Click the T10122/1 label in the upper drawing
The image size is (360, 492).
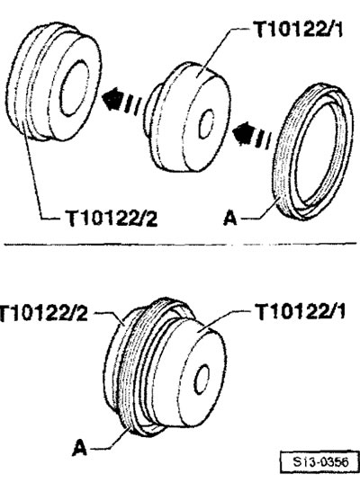click(298, 30)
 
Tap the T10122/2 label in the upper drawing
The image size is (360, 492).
click(111, 218)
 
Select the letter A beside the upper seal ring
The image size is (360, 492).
click(230, 218)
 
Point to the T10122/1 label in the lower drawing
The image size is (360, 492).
click(301, 312)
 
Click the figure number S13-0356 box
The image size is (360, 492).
click(319, 461)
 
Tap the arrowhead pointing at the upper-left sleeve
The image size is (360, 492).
click(112, 99)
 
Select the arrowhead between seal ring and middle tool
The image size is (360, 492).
click(243, 133)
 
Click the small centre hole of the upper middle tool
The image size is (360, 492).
click(207, 123)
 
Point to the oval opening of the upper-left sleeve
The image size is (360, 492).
click(75, 89)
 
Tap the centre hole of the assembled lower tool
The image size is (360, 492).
click(202, 380)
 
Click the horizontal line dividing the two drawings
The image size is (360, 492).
click(180, 244)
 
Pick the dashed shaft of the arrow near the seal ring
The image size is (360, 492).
click(263, 139)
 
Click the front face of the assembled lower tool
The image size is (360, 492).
click(201, 373)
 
